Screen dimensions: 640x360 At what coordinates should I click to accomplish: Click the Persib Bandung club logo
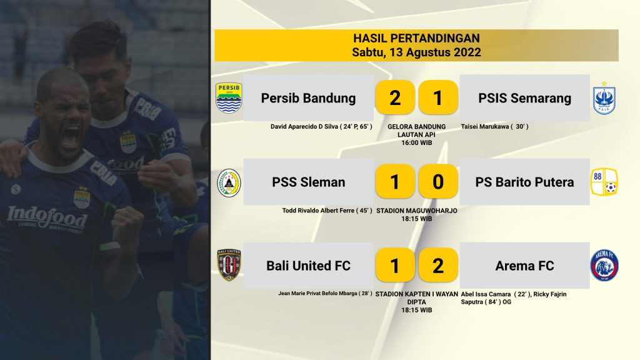229,98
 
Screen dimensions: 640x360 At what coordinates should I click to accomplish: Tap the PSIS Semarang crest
604,98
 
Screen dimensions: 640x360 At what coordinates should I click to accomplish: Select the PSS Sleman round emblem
229,183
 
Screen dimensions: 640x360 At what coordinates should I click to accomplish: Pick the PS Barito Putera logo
604,182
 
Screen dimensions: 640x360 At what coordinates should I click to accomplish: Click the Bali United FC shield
229,265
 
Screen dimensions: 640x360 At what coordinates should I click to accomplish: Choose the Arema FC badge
604,266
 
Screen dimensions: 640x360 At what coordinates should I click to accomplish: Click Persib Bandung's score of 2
395,97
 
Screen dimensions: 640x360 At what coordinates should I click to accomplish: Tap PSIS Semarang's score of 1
438,97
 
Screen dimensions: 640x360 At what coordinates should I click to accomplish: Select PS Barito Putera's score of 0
438,181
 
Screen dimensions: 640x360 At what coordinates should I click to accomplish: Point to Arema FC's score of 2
438,265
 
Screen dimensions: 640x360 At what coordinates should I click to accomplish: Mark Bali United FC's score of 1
395,265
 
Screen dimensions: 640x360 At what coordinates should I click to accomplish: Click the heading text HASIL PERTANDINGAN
416,38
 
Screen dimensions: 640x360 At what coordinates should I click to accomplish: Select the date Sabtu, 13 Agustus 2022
416,52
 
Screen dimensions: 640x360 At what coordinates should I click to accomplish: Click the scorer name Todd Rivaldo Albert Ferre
318,211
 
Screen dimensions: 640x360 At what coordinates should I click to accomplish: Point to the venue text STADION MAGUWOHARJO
416,211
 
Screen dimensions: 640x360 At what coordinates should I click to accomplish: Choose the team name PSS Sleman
309,182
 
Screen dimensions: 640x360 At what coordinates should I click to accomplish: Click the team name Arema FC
524,266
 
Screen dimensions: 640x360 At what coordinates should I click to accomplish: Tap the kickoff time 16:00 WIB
416,143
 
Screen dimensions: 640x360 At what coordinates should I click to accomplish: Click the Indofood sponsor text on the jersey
47,217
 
